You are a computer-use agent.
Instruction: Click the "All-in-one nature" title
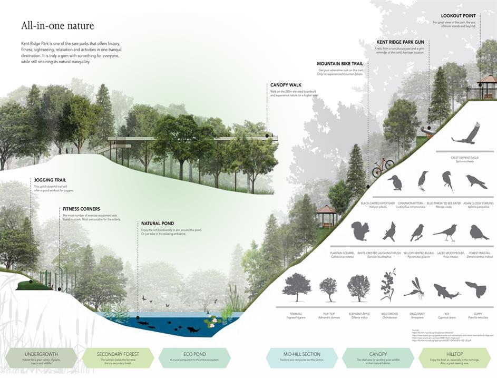(58, 25)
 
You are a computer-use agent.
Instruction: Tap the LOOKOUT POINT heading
(458, 16)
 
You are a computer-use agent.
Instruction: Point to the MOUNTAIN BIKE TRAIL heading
(340, 64)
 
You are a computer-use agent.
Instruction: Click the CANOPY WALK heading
(286, 85)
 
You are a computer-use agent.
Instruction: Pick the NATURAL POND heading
(158, 224)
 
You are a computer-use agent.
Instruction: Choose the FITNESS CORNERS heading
(81, 209)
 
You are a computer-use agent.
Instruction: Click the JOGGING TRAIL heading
(50, 180)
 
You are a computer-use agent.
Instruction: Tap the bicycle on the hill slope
(383, 167)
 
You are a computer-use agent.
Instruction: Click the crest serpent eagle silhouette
(467, 134)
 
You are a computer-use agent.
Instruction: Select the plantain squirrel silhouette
(360, 231)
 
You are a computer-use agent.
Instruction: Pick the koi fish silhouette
(445, 290)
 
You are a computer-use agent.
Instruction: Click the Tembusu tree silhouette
(296, 287)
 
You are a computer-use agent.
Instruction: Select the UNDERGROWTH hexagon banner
(40, 357)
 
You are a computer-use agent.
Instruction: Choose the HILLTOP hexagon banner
(454, 357)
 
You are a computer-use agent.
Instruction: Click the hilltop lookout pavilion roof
(487, 79)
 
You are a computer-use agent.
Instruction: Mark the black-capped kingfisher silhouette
(395, 182)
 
